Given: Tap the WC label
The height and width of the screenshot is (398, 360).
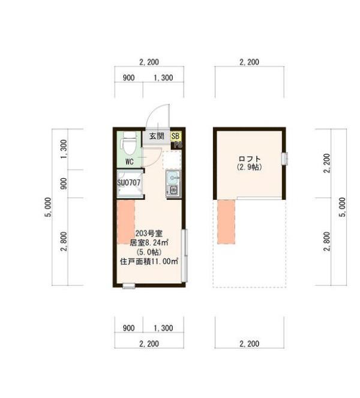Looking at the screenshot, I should pos(129,161).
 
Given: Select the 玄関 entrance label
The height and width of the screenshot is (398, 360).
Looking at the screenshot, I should pos(157,136).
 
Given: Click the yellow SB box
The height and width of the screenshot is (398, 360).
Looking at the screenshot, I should pos(176,136).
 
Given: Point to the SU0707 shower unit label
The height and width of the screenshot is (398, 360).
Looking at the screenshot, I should pos(129,182).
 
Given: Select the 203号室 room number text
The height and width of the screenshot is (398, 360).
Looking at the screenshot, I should pos(149,233).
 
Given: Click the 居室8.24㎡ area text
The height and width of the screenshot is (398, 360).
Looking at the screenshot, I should pos(149,243).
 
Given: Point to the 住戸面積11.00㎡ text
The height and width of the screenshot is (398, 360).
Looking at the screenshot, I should pos(149,261).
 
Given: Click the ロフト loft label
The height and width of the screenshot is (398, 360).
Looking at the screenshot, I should pos(249,159).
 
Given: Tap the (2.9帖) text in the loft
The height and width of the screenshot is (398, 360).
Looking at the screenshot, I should pos(249,167).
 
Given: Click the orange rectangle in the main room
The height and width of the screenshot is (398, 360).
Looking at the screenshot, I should pos(126,222).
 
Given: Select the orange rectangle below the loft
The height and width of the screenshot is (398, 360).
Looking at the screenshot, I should pos(226,222).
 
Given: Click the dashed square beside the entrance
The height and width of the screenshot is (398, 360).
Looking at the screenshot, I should pos(172,159).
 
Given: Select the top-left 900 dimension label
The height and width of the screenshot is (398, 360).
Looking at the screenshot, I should pos(128,78).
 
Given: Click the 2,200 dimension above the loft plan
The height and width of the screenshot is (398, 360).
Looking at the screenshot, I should pos(249,62).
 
